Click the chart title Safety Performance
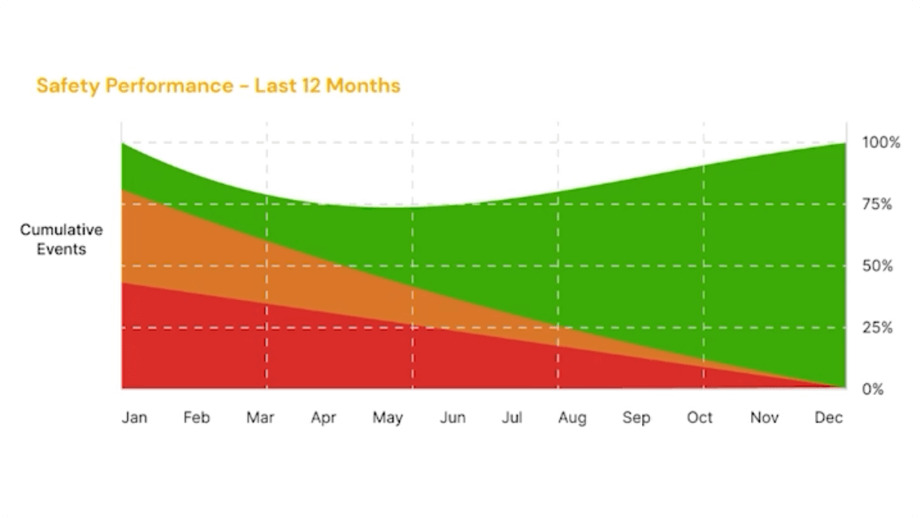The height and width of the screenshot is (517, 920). pyautogui.click(x=135, y=86)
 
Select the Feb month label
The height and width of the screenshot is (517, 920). pyautogui.click(x=196, y=418)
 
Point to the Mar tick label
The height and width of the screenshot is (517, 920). pyautogui.click(x=260, y=418)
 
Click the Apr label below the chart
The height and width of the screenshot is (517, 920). pyautogui.click(x=323, y=418)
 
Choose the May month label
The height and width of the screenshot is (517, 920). pyautogui.click(x=388, y=419)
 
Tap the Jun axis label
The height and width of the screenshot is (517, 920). pyautogui.click(x=453, y=418)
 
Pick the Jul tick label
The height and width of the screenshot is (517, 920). pyautogui.click(x=512, y=418)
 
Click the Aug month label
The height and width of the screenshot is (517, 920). pyautogui.click(x=572, y=418)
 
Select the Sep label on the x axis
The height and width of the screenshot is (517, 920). pyautogui.click(x=636, y=418)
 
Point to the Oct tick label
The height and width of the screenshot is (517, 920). pyautogui.click(x=700, y=418)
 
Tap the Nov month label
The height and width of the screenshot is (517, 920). pyautogui.click(x=764, y=418)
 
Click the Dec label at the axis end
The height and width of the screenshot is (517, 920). pyautogui.click(x=828, y=418)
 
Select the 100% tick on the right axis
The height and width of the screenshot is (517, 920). pyautogui.click(x=881, y=143)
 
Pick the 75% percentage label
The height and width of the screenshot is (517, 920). pyautogui.click(x=877, y=204)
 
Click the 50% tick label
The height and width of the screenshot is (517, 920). pyautogui.click(x=877, y=266)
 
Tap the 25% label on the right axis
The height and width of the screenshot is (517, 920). pyautogui.click(x=877, y=328)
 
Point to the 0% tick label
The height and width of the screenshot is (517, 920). pyautogui.click(x=872, y=389)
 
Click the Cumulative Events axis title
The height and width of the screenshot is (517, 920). pyautogui.click(x=62, y=240)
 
